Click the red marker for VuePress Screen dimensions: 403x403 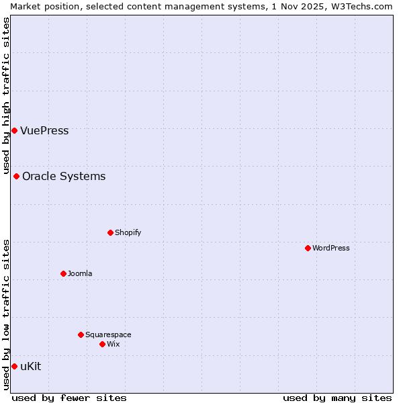[x=14, y=130]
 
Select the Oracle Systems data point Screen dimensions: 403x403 [x=16, y=176]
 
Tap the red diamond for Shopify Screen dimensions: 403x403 [x=110, y=232]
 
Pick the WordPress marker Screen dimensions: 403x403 [x=308, y=248]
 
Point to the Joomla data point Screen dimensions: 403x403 [x=63, y=273]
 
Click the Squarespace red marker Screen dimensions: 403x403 [x=81, y=334]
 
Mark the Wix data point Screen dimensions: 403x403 [x=102, y=344]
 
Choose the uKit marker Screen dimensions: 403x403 [x=14, y=366]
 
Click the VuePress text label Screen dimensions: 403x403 [x=44, y=130]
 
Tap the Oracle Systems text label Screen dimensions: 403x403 [x=64, y=176]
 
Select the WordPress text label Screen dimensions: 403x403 [x=330, y=248]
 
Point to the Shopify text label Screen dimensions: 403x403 [x=128, y=232]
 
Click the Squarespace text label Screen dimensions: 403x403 [x=108, y=334]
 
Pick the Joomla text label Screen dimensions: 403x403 [x=80, y=273]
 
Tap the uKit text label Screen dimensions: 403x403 [x=30, y=366]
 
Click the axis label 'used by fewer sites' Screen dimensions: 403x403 [x=69, y=398]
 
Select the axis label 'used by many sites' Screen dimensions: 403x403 [x=337, y=398]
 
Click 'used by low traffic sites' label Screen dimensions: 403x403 [x=6, y=314]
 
